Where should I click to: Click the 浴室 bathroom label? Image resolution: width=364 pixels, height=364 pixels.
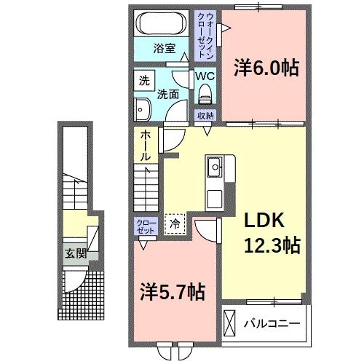pyautogui.click(x=164, y=49)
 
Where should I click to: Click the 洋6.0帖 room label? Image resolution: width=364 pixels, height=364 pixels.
pyautogui.click(x=266, y=68)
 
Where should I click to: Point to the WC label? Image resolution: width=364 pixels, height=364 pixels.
pyautogui.click(x=203, y=74)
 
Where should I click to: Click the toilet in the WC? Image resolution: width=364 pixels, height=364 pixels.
pyautogui.click(x=205, y=92)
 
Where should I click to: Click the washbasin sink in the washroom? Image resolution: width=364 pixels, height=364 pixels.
pyautogui.click(x=142, y=108)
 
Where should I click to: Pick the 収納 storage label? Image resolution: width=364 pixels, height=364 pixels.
pyautogui.click(x=205, y=116)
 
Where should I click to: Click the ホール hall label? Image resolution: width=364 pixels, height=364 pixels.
pyautogui.click(x=146, y=145)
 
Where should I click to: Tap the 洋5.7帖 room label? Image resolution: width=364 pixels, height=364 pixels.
pyautogui.click(x=172, y=293)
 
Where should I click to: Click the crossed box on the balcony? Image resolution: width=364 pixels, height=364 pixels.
pyautogui.click(x=231, y=322)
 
